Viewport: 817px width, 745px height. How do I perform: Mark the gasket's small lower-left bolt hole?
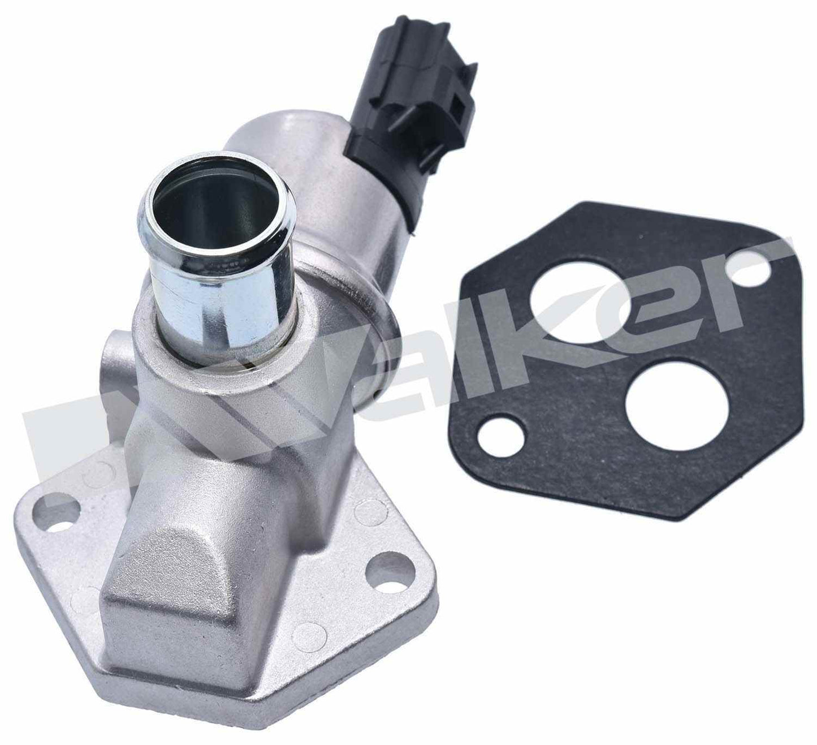[x=498, y=436]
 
